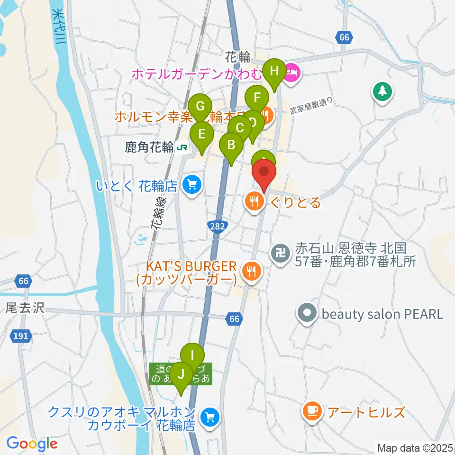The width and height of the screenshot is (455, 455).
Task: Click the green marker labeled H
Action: [x=274, y=72]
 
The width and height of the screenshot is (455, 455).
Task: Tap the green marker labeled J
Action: [x=180, y=374]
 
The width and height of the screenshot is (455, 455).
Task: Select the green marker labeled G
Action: [x=200, y=106]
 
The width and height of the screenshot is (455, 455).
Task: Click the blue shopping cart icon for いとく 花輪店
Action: [x=191, y=184]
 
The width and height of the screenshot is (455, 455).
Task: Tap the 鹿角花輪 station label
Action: [x=143, y=147]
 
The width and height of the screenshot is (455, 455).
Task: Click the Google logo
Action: [x=32, y=444]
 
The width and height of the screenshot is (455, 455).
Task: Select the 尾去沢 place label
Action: [x=25, y=308]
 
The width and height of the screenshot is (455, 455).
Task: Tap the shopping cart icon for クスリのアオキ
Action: [x=209, y=418]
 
